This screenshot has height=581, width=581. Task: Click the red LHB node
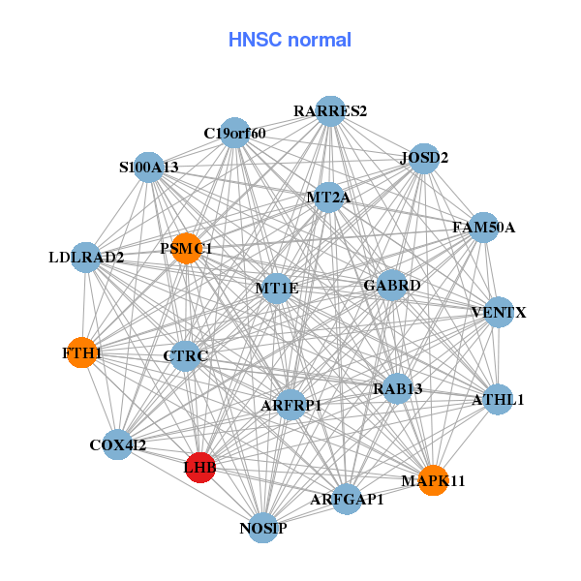[x=200, y=468]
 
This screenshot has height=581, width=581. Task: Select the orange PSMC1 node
[x=186, y=249]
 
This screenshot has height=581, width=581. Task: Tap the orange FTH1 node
[x=83, y=353]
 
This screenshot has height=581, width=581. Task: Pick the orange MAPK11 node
[x=434, y=480]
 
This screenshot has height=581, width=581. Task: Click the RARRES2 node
[x=330, y=110]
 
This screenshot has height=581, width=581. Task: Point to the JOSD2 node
[x=424, y=158]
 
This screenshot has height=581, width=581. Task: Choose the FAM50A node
[x=483, y=228]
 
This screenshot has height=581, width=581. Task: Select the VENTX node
[x=499, y=313]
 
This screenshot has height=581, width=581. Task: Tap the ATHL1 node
[x=497, y=399]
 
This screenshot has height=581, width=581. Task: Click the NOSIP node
[x=263, y=528]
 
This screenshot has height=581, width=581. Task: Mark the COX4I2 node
[x=118, y=445]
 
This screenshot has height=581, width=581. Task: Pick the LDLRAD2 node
[x=86, y=258]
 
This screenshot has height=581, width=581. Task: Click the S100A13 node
[x=149, y=168]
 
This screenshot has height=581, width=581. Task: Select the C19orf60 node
[x=234, y=133]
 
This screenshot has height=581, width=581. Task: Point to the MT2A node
[x=328, y=198]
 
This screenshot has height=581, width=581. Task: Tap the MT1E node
[x=277, y=289]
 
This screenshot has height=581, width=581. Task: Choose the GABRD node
[x=391, y=286]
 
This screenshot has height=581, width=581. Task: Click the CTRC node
[x=186, y=356]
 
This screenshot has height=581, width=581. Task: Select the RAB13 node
[x=398, y=389]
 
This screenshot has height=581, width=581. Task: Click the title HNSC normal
[x=290, y=40]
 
